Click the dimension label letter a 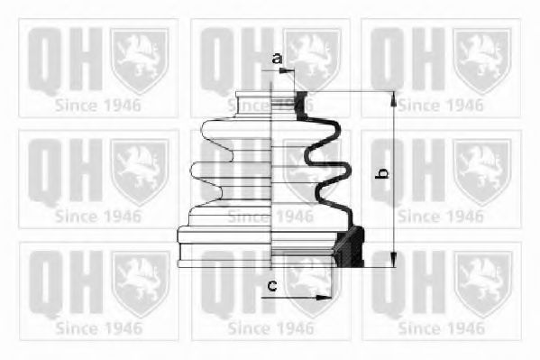277,59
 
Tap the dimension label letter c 272,285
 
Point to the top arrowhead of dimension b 394,99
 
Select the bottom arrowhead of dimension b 394,259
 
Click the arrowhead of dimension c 324,297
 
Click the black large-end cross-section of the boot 350,246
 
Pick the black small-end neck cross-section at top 301,106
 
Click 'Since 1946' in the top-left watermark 97,106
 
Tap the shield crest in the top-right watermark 482,61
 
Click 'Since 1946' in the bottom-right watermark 442,328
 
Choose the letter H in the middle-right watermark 429,171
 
